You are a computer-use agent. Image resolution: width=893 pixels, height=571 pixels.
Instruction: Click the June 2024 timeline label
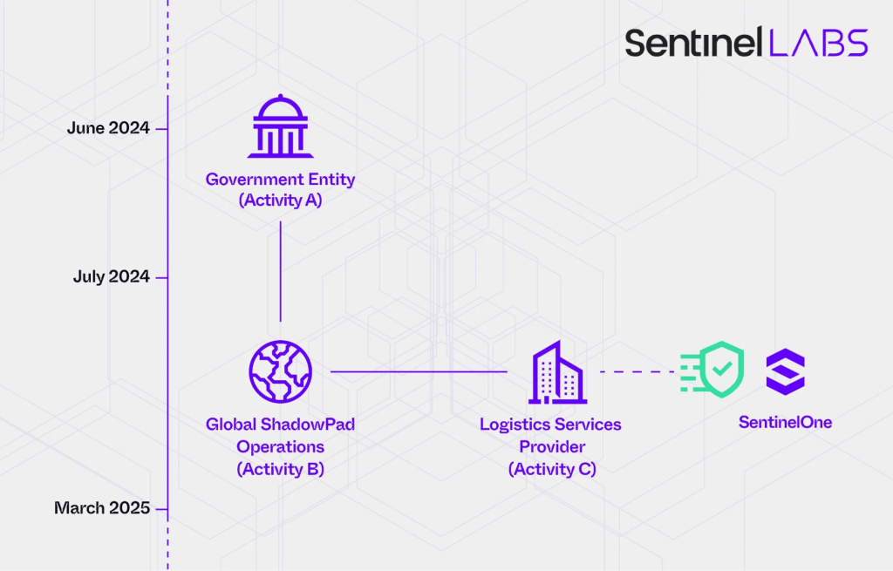pos(108,128)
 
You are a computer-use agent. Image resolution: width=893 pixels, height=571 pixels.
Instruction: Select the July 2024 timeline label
pos(111,277)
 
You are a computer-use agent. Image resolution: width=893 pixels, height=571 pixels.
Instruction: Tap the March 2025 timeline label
pos(102,508)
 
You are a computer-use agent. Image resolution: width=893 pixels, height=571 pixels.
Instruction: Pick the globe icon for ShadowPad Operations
pos(280,371)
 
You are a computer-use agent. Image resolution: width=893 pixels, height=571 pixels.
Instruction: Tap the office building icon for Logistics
pos(556,372)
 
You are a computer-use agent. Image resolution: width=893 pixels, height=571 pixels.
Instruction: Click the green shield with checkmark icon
pos(713,370)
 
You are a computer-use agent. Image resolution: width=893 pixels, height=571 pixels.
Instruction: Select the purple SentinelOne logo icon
pos(785,371)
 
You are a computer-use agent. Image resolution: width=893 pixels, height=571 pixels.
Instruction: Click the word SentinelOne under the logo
pos(785,423)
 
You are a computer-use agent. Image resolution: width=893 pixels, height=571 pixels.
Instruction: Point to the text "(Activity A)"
pos(280,201)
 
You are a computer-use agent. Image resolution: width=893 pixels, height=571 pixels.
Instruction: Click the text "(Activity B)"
pos(280,469)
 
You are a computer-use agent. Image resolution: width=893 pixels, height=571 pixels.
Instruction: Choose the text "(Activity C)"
pos(551,469)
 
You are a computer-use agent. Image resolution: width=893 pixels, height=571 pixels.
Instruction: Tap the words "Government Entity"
pos(280,180)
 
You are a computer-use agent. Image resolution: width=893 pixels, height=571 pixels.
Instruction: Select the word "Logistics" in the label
pos(515,425)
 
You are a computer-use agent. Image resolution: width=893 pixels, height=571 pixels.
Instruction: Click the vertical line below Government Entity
pos(280,270)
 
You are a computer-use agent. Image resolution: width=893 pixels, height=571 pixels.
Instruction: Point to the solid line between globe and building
pos(419,372)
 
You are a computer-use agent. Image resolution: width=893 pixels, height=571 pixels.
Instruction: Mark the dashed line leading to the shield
pos(638,372)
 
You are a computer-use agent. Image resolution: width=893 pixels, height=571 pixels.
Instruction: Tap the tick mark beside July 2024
pos(161,277)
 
